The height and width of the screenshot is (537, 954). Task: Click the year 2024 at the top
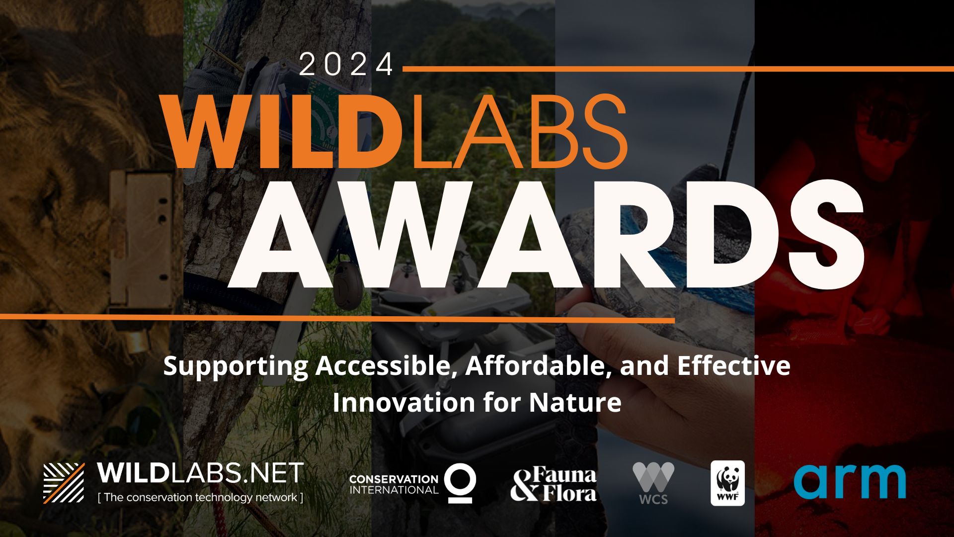(346, 64)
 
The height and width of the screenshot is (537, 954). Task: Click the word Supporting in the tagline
(236, 367)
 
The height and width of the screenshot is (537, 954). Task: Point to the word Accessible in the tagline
(386, 366)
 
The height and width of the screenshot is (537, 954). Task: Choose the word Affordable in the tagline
(538, 366)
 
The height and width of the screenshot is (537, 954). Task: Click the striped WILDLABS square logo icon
(64, 483)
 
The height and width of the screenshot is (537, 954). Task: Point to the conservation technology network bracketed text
(200, 497)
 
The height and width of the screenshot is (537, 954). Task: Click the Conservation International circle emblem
(460, 483)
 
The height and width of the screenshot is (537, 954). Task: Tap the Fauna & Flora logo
(554, 484)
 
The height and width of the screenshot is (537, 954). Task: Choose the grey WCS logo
(653, 483)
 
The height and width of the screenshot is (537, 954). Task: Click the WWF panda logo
(727, 483)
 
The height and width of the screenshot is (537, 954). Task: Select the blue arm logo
(850, 481)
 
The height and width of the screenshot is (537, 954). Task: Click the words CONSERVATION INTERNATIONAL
(394, 484)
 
